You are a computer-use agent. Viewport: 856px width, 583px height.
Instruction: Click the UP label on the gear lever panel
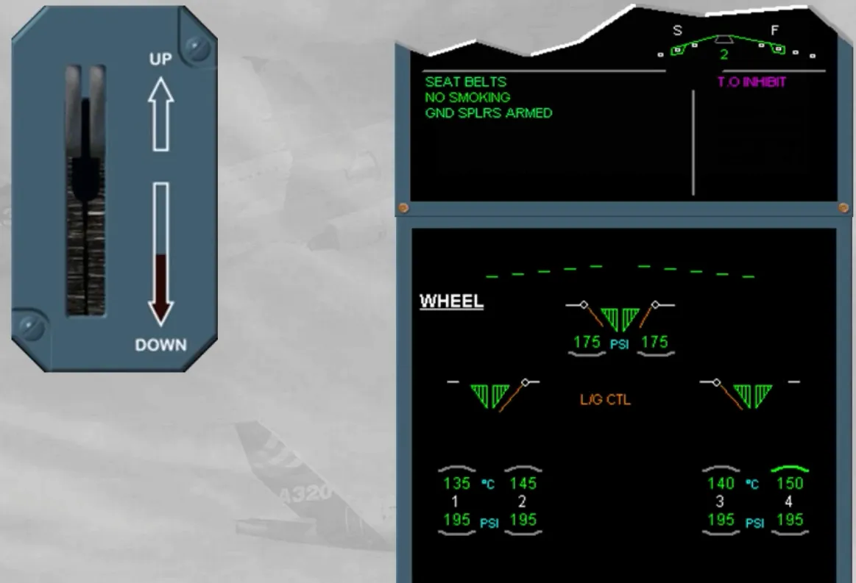click(x=160, y=59)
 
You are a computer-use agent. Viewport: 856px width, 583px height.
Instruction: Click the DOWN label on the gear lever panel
click(x=160, y=345)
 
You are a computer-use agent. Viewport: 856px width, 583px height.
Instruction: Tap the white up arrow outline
click(x=161, y=114)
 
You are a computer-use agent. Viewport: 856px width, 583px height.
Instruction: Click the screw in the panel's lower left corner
click(x=32, y=326)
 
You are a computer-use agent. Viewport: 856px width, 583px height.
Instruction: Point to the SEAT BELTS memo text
click(x=466, y=82)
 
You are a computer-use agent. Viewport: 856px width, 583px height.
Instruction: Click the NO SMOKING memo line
click(x=467, y=97)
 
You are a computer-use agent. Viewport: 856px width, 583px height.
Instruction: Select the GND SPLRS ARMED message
click(x=489, y=113)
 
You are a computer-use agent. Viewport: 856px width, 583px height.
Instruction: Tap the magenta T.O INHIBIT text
click(x=751, y=82)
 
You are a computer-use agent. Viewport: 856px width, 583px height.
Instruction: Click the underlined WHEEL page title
click(x=451, y=301)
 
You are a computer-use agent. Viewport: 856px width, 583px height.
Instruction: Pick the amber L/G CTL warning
click(x=606, y=400)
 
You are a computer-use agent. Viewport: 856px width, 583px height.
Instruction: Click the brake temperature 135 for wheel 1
click(x=456, y=483)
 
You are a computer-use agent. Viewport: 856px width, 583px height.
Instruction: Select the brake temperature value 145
click(x=523, y=483)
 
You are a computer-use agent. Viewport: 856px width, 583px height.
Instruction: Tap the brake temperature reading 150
click(x=790, y=483)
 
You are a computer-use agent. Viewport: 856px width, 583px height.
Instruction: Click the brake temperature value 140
click(x=721, y=483)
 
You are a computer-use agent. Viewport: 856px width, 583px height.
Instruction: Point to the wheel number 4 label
click(x=788, y=501)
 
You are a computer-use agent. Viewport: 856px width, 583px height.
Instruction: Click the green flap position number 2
click(x=724, y=54)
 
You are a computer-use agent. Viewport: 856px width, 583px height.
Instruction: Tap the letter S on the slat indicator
click(x=677, y=31)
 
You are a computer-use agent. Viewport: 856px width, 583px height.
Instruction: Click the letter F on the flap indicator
click(x=774, y=31)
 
